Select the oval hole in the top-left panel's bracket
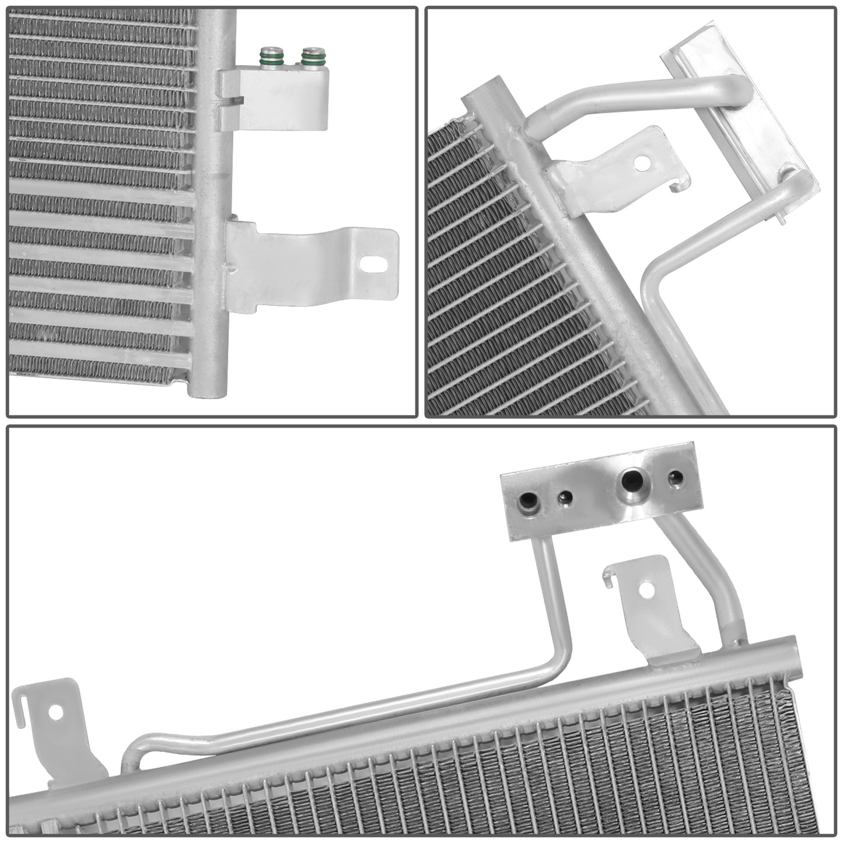click(369, 263)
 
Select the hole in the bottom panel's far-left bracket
click(56, 712)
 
